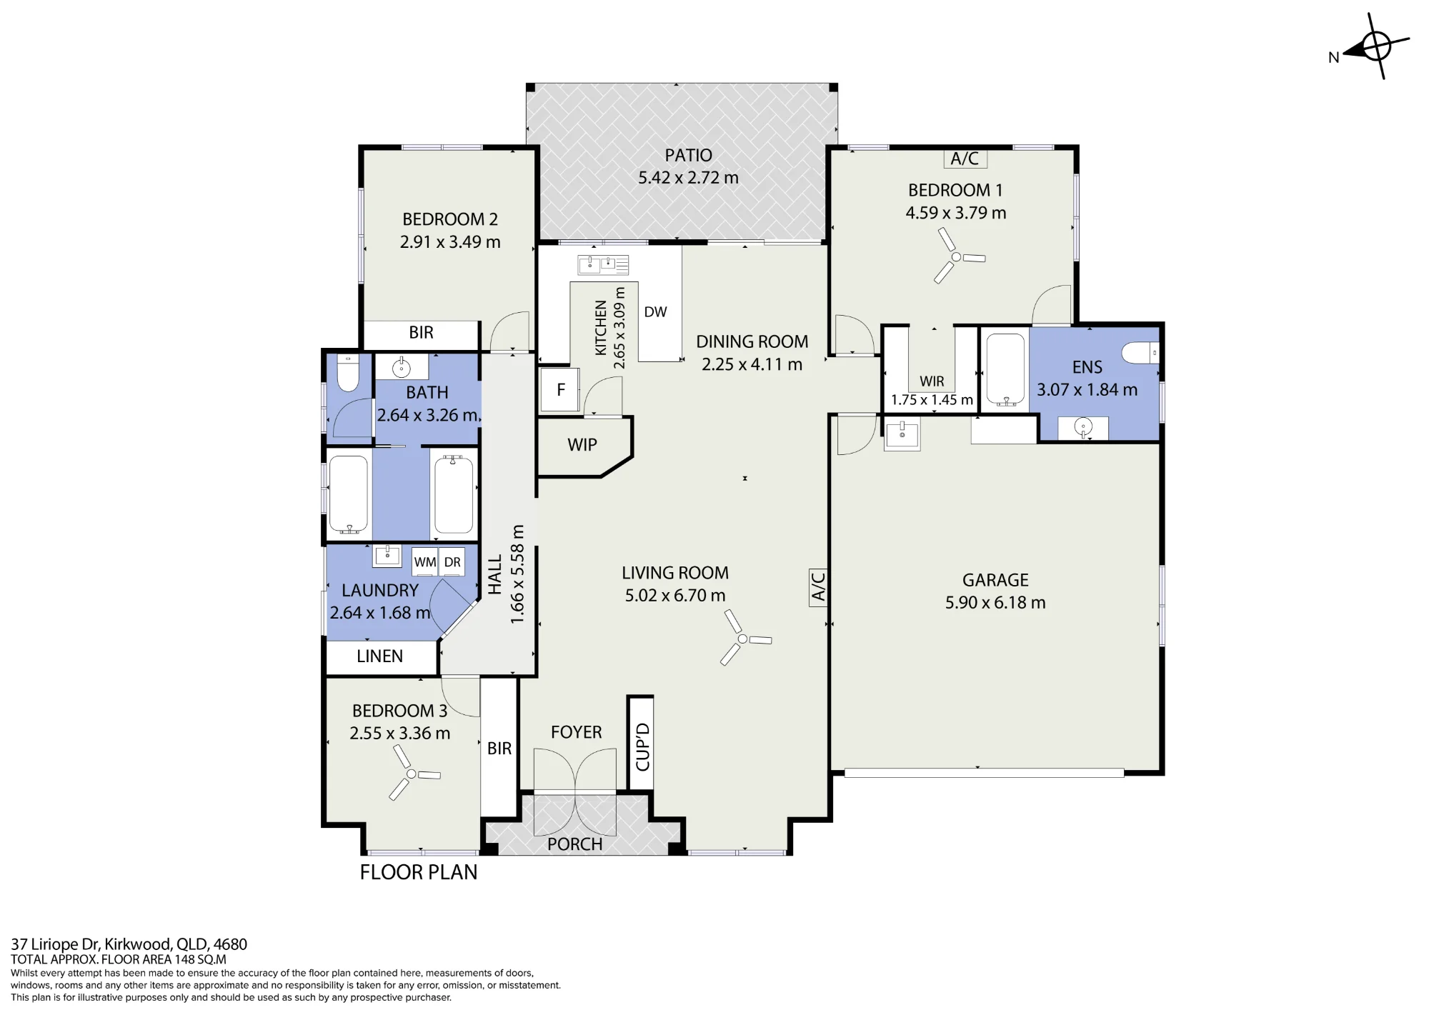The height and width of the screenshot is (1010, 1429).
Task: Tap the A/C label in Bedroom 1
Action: tap(965, 159)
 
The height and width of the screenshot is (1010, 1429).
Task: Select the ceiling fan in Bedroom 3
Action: tap(412, 774)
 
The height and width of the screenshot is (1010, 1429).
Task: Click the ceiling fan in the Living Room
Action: tap(742, 638)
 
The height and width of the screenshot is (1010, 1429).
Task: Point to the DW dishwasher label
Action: tap(655, 312)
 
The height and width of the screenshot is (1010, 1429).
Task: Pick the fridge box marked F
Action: tap(560, 390)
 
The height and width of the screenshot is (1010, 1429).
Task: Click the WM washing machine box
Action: tap(424, 562)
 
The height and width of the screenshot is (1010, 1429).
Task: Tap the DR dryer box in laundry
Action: tap(452, 562)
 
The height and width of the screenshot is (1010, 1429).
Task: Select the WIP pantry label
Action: tap(582, 445)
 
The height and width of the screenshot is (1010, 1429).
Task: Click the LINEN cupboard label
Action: tap(380, 656)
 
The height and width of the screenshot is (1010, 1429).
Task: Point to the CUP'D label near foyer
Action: tap(642, 746)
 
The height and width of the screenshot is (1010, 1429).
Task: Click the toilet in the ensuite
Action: tap(1139, 353)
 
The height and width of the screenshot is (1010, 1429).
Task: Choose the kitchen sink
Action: tap(603, 265)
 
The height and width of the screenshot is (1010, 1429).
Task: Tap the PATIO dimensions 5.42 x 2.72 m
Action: tap(688, 178)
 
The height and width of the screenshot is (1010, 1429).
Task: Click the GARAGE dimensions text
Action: tap(995, 603)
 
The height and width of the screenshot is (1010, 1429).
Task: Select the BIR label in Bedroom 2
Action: tap(422, 333)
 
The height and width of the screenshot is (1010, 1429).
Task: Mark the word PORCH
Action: tap(575, 844)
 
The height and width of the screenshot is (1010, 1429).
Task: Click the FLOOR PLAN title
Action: tap(419, 872)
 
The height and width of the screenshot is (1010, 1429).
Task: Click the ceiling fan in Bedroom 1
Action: tap(956, 256)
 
